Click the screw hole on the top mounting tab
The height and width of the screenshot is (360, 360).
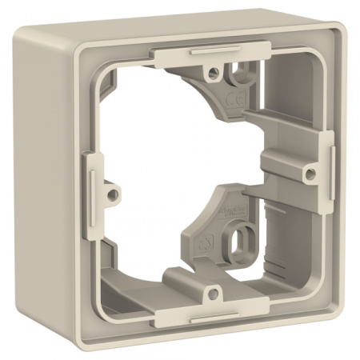click(x=214, y=73)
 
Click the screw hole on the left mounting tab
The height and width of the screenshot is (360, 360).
click(x=114, y=192)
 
